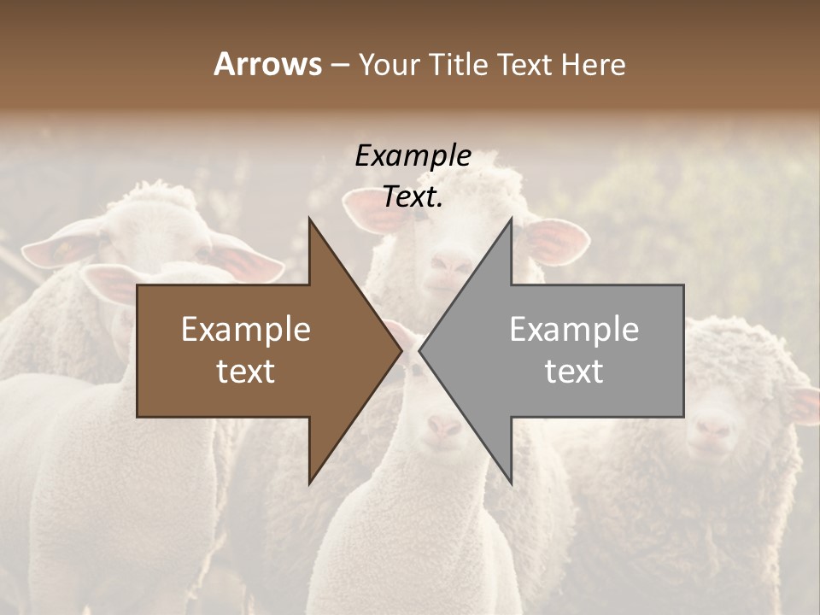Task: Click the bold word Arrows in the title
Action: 267,64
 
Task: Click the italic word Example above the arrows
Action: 413,156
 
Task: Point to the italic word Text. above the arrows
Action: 413,197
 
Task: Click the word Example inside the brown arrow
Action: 246,330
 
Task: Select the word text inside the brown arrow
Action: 246,371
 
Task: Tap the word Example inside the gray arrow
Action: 574,330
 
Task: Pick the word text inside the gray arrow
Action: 574,371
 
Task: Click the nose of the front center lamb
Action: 443,425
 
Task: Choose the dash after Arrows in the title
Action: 339,65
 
